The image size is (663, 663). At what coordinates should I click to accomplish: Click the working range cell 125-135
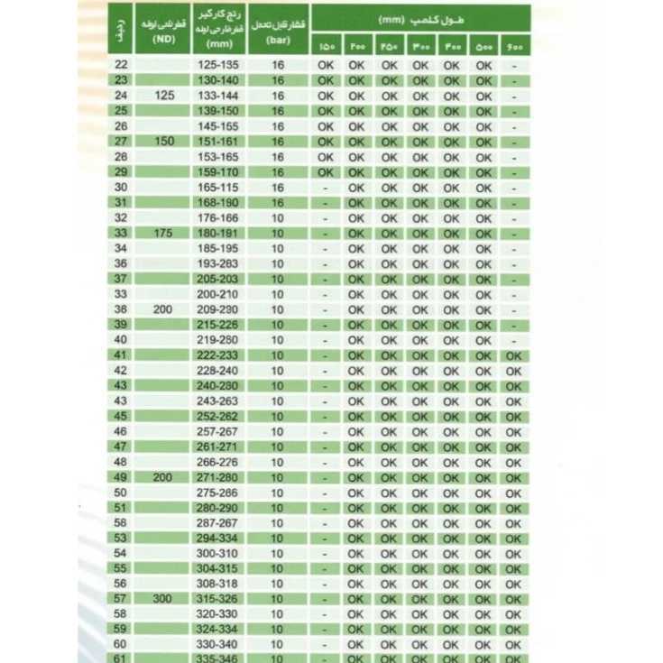click(x=219, y=65)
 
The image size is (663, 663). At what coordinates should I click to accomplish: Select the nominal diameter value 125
click(x=163, y=96)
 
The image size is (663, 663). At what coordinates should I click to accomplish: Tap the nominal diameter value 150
click(x=163, y=142)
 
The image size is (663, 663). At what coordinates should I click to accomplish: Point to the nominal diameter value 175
click(x=163, y=233)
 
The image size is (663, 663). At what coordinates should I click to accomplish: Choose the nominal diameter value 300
click(x=163, y=599)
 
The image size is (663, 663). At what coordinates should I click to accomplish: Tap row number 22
click(x=122, y=65)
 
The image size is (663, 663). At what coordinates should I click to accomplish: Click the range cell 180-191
click(x=219, y=233)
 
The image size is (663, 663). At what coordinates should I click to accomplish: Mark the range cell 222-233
click(x=219, y=355)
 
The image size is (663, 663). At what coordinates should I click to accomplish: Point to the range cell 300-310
click(x=219, y=553)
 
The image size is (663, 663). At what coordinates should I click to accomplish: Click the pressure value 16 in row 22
click(x=277, y=65)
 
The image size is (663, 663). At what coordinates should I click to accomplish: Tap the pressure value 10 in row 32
click(x=277, y=217)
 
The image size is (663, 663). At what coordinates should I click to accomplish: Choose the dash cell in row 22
click(x=513, y=65)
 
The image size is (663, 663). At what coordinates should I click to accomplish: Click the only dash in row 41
click(x=326, y=355)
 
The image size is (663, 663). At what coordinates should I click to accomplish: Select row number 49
click(x=122, y=477)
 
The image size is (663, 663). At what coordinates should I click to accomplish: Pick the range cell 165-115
click(x=219, y=187)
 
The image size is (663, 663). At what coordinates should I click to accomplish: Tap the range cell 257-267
click(x=219, y=431)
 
